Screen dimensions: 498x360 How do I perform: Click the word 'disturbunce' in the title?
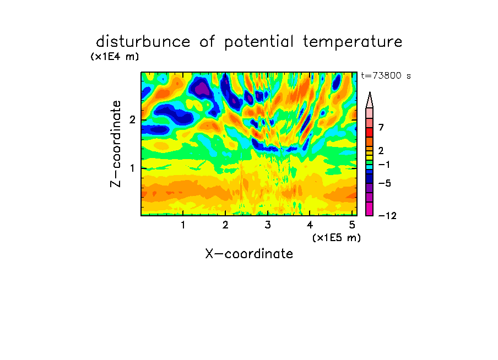(143, 42)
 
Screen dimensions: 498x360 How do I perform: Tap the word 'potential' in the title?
(259, 42)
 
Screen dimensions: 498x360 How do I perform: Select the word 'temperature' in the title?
(353, 42)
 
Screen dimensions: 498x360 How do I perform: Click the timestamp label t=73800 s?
(386, 76)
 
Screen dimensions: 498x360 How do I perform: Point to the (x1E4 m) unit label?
(115, 57)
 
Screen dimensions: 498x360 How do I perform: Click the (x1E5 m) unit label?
(337, 237)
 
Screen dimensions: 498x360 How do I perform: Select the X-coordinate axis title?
(249, 254)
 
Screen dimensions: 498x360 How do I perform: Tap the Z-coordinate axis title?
(116, 144)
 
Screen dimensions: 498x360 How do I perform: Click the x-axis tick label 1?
(183, 225)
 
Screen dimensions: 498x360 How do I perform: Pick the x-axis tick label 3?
(268, 225)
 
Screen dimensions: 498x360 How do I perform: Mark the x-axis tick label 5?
(352, 225)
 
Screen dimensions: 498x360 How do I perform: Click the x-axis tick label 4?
(310, 225)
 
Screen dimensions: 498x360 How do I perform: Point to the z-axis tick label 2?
(132, 120)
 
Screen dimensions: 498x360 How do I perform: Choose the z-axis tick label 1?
(132, 168)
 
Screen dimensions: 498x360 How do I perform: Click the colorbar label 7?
(381, 128)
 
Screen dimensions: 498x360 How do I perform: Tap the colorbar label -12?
(387, 216)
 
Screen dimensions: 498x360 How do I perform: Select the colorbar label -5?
(385, 183)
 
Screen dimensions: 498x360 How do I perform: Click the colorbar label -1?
(384, 165)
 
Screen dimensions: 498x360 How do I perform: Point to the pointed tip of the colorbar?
(370, 92)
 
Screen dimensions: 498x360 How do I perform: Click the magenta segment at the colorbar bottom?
(370, 209)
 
